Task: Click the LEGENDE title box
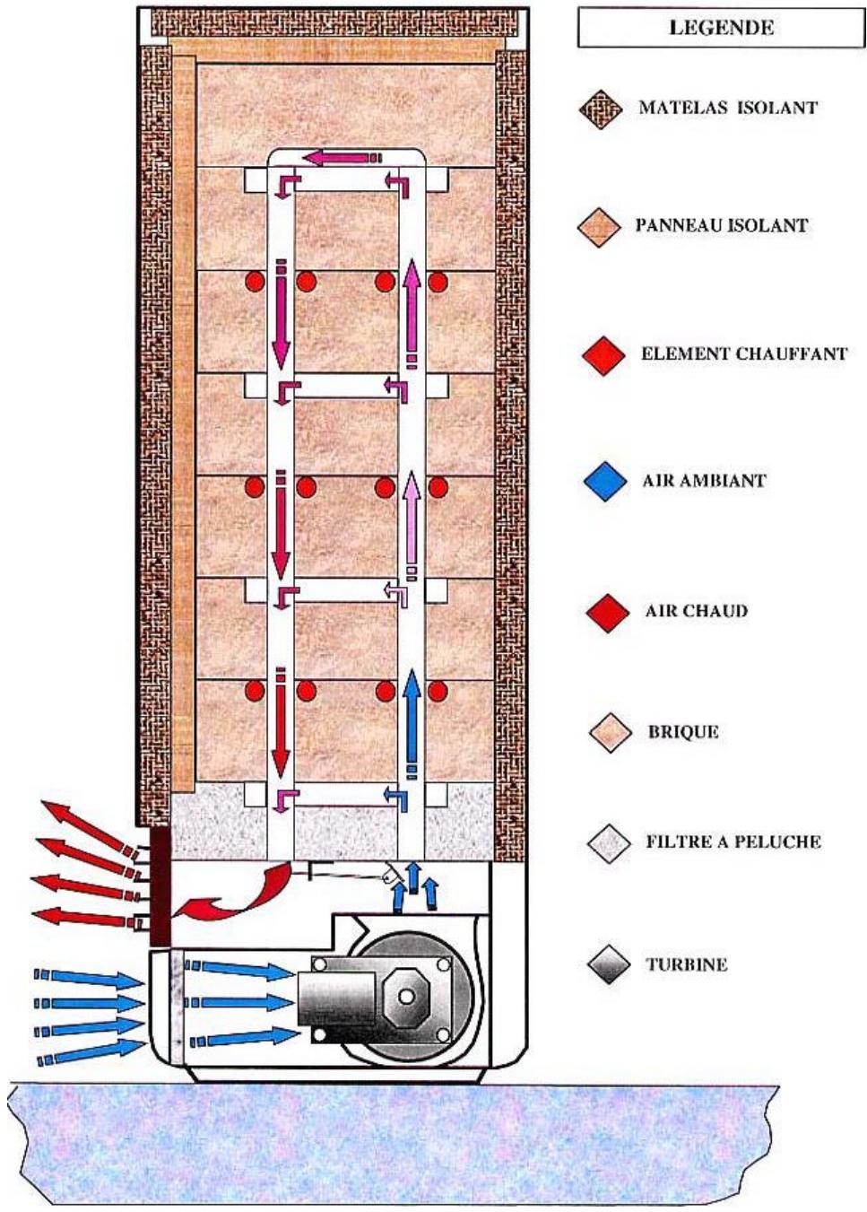[722, 28]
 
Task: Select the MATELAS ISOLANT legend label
[727, 107]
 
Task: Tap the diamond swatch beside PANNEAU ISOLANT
[599, 228]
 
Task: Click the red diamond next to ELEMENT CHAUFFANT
[603, 355]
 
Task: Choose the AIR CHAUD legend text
[696, 611]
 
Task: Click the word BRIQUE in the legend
[683, 732]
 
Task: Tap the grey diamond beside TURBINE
[609, 964]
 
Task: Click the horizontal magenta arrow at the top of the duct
[342, 158]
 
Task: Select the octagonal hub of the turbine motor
[406, 996]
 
